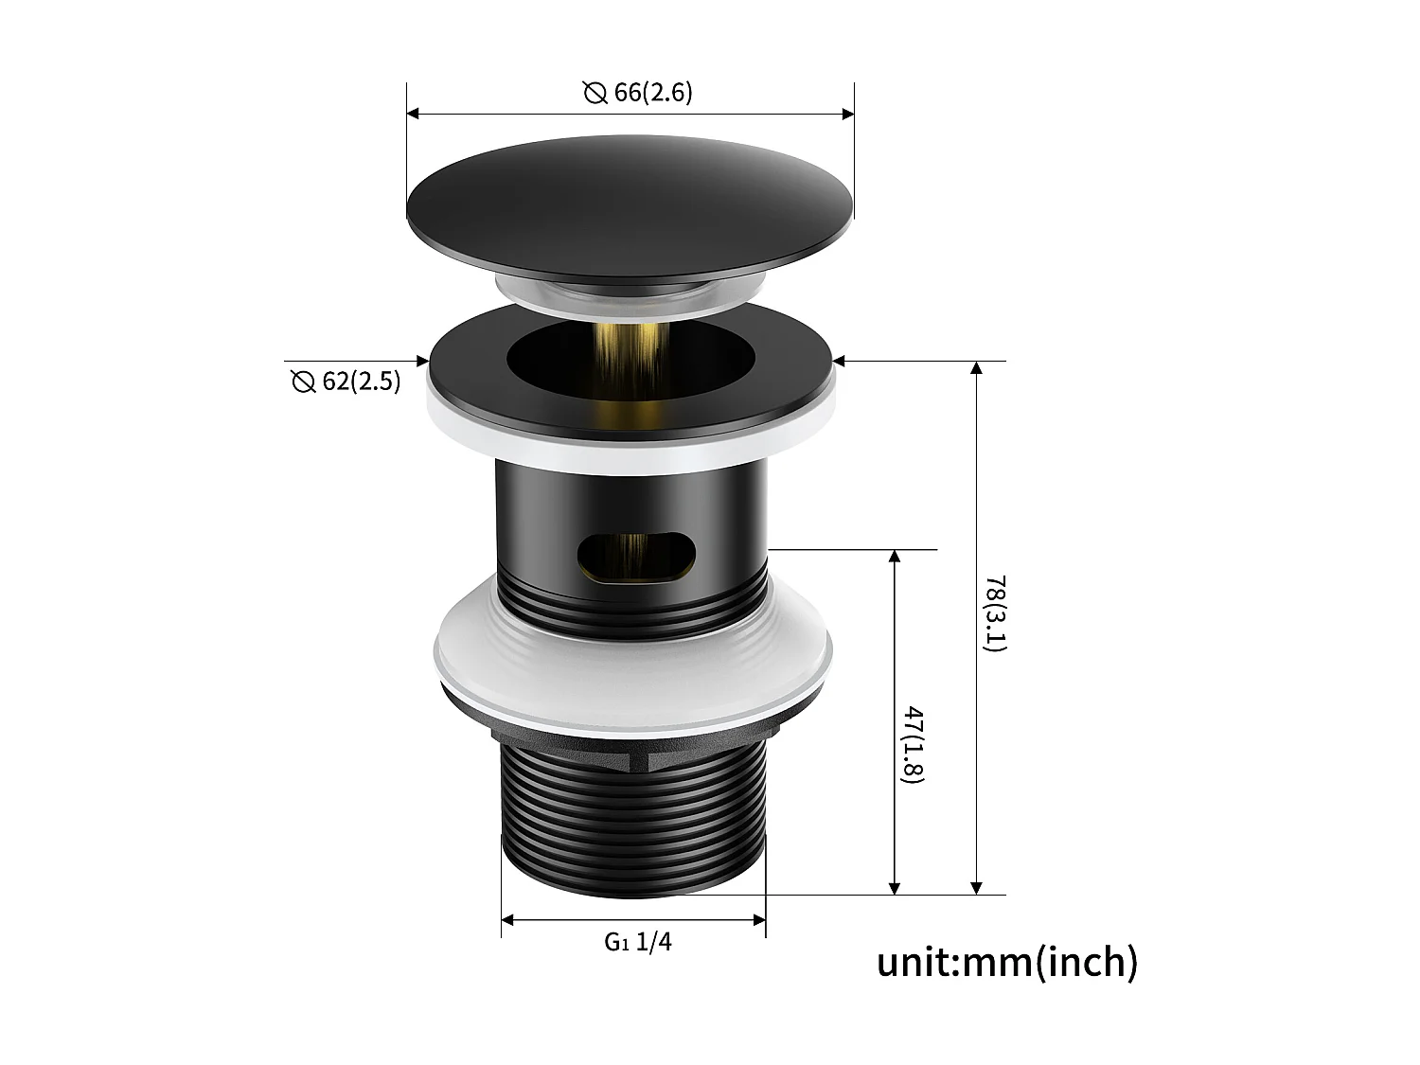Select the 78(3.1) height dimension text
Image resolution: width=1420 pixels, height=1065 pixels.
point(995,612)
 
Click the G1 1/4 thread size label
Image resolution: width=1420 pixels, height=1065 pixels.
point(639,942)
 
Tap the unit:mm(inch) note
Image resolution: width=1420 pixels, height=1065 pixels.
point(1007,962)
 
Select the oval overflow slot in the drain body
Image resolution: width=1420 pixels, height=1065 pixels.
point(636,557)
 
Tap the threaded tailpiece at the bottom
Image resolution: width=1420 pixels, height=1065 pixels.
point(632,819)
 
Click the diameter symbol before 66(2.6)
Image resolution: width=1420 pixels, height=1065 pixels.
point(595,94)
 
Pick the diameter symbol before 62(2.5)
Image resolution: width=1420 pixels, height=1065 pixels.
point(303,382)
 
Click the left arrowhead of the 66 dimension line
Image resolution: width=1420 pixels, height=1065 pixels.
point(413,114)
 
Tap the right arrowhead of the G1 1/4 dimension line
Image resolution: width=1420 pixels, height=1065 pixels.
point(759,919)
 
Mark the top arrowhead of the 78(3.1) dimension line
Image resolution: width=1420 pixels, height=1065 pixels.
point(977,367)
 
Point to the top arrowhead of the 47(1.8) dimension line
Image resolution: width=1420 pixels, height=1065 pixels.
point(895,556)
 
